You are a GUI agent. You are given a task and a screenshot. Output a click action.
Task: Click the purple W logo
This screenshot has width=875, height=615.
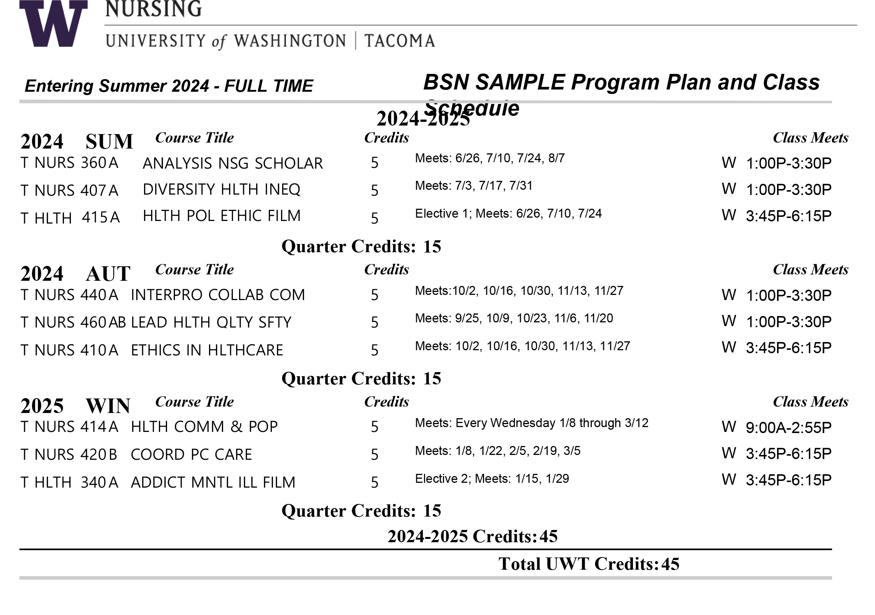click(x=53, y=24)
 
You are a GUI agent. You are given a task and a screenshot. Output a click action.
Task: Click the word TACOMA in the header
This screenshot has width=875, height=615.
click(x=399, y=41)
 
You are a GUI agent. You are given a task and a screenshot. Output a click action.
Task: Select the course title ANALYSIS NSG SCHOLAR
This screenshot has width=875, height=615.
click(x=232, y=163)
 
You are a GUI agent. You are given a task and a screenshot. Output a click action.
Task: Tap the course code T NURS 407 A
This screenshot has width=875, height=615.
click(x=69, y=190)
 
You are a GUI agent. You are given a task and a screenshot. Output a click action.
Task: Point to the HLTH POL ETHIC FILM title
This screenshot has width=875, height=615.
click(x=221, y=216)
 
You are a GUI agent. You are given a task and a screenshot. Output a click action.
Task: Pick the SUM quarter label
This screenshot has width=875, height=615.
click(x=110, y=142)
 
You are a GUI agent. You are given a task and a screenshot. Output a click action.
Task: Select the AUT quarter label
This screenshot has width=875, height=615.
click(x=108, y=274)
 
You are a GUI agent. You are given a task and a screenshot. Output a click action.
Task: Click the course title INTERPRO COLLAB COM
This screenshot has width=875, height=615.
click(x=218, y=295)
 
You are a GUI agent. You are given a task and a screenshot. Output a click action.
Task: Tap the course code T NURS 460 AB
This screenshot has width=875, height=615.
click(x=73, y=323)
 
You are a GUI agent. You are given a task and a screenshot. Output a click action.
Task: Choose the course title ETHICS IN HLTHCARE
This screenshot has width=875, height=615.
click(x=207, y=350)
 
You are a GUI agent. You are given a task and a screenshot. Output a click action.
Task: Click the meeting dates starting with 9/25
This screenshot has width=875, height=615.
click(x=514, y=318)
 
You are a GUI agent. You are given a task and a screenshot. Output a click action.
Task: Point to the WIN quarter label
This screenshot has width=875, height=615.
click(x=108, y=406)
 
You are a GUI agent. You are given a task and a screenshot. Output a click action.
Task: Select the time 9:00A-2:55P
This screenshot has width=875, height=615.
click(x=788, y=428)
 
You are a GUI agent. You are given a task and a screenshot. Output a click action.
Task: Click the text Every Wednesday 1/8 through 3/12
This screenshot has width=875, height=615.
click(x=551, y=423)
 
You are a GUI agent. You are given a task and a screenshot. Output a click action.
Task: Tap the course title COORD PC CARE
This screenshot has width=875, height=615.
click(x=191, y=455)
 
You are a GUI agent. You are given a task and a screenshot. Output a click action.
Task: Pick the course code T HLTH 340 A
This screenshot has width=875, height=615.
click(x=69, y=482)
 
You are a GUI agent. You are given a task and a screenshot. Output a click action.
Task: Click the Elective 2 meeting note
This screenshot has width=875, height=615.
click(x=492, y=478)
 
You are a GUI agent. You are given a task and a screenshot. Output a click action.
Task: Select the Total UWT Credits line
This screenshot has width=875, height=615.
click(x=589, y=564)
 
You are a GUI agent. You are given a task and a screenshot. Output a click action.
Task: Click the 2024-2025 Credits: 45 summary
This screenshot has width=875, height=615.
click(x=473, y=537)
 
